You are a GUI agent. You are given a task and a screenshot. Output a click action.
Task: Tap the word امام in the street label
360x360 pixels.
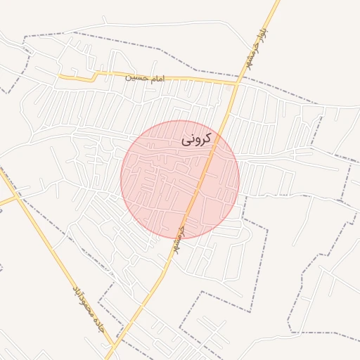(155, 77)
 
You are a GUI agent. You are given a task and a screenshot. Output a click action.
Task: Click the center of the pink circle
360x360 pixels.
(180, 180)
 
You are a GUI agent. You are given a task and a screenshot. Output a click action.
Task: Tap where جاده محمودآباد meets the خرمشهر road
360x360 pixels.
(113, 346)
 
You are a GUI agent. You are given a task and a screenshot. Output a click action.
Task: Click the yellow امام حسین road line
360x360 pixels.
(190, 79)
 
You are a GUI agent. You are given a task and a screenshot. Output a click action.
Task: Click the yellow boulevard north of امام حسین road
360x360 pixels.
(260, 35)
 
